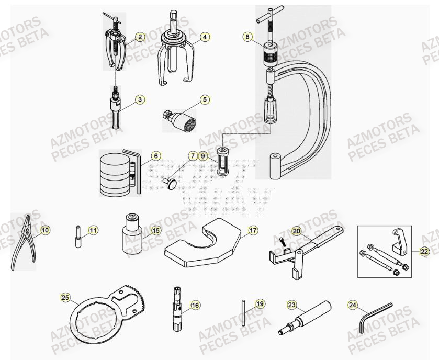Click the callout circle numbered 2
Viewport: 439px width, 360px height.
(140, 37)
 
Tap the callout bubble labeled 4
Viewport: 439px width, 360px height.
(205, 37)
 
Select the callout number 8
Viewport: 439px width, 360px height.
(247, 37)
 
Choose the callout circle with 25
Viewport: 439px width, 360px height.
(65, 298)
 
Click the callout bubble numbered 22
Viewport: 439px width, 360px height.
(424, 251)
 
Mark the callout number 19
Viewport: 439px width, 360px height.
(260, 304)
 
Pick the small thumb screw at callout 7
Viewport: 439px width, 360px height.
(171, 183)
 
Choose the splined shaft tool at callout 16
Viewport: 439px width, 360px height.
(177, 309)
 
